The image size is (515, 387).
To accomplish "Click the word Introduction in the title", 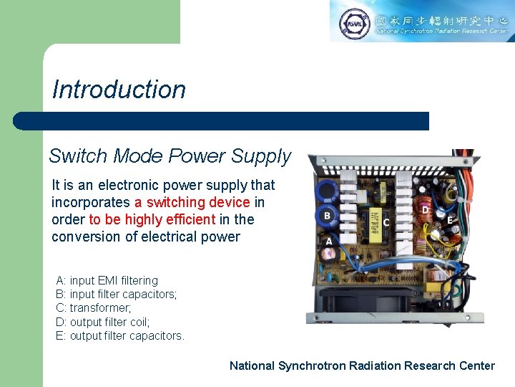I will [119, 90].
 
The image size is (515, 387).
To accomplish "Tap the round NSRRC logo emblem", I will [354, 22].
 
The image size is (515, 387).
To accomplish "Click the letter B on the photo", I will [326, 215].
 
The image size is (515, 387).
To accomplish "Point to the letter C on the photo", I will [386, 223].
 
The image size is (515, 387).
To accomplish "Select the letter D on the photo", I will [426, 210].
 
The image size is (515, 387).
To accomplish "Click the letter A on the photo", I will [329, 242].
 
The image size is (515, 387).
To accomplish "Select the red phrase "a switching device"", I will [192, 202].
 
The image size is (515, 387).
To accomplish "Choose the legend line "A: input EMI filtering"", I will [107, 280].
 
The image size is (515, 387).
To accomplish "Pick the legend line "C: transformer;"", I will [91, 308].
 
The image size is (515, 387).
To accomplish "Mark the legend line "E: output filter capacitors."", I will [119, 335].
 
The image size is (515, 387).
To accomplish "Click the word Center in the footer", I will [476, 365].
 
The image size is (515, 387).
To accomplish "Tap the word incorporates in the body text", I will [91, 202].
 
